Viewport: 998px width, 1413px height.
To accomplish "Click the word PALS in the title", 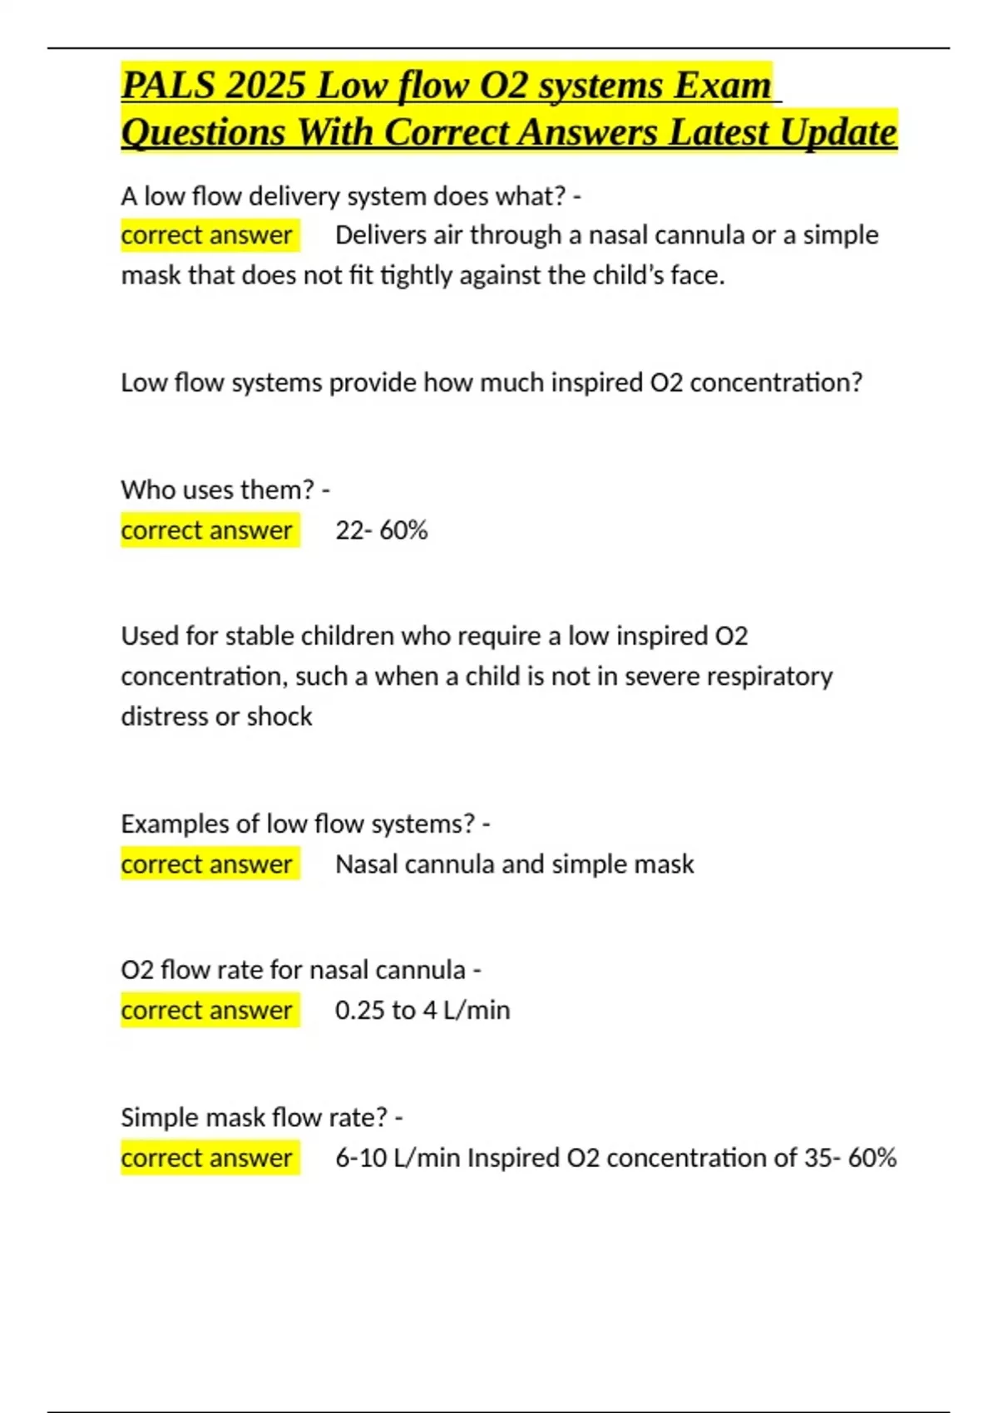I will (x=167, y=86).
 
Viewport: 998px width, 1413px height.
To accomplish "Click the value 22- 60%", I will (x=381, y=530).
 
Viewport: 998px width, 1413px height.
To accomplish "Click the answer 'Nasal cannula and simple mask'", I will (x=514, y=864).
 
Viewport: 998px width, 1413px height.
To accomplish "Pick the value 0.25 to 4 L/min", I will (x=422, y=1011).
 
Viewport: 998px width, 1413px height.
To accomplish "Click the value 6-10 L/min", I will (x=398, y=1158).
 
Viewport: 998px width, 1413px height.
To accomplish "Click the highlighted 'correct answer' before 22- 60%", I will (x=206, y=530).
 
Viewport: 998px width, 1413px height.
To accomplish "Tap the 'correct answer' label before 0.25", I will (x=206, y=1011).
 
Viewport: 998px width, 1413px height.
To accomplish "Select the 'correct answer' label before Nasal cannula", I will (x=206, y=864).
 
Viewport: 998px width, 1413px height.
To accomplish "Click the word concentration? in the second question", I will (x=776, y=382).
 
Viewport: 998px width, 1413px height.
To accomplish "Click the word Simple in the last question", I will (x=160, y=1117).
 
